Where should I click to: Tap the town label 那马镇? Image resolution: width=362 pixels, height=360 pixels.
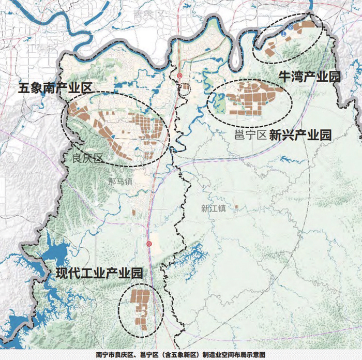(121, 182)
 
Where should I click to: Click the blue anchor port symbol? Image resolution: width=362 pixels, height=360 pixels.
(283, 32)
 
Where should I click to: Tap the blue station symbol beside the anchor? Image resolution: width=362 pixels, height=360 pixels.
(291, 27)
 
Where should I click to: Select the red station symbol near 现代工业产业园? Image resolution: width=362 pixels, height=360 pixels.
(149, 244)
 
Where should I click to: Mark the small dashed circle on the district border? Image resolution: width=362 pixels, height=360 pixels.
(185, 89)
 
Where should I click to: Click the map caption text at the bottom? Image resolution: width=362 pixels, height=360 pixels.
(181, 355)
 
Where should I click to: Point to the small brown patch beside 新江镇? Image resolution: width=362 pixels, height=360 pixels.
(236, 207)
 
